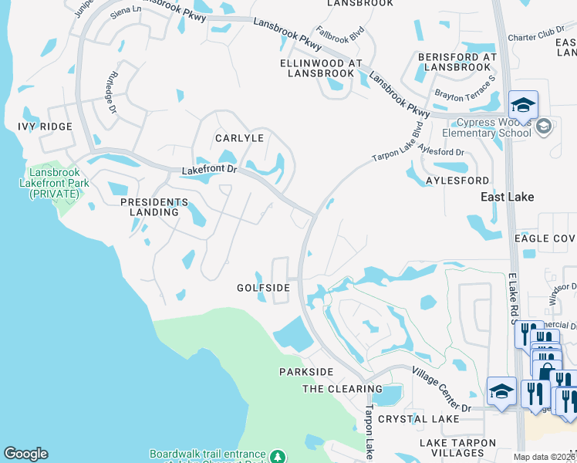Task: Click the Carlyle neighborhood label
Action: (x=239, y=138)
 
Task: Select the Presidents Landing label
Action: (x=154, y=207)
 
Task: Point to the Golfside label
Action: (x=263, y=288)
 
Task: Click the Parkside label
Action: (x=306, y=372)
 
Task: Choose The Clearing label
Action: (x=341, y=389)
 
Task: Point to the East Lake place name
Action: (x=507, y=198)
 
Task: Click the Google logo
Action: (x=25, y=454)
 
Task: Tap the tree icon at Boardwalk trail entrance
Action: (x=279, y=455)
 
